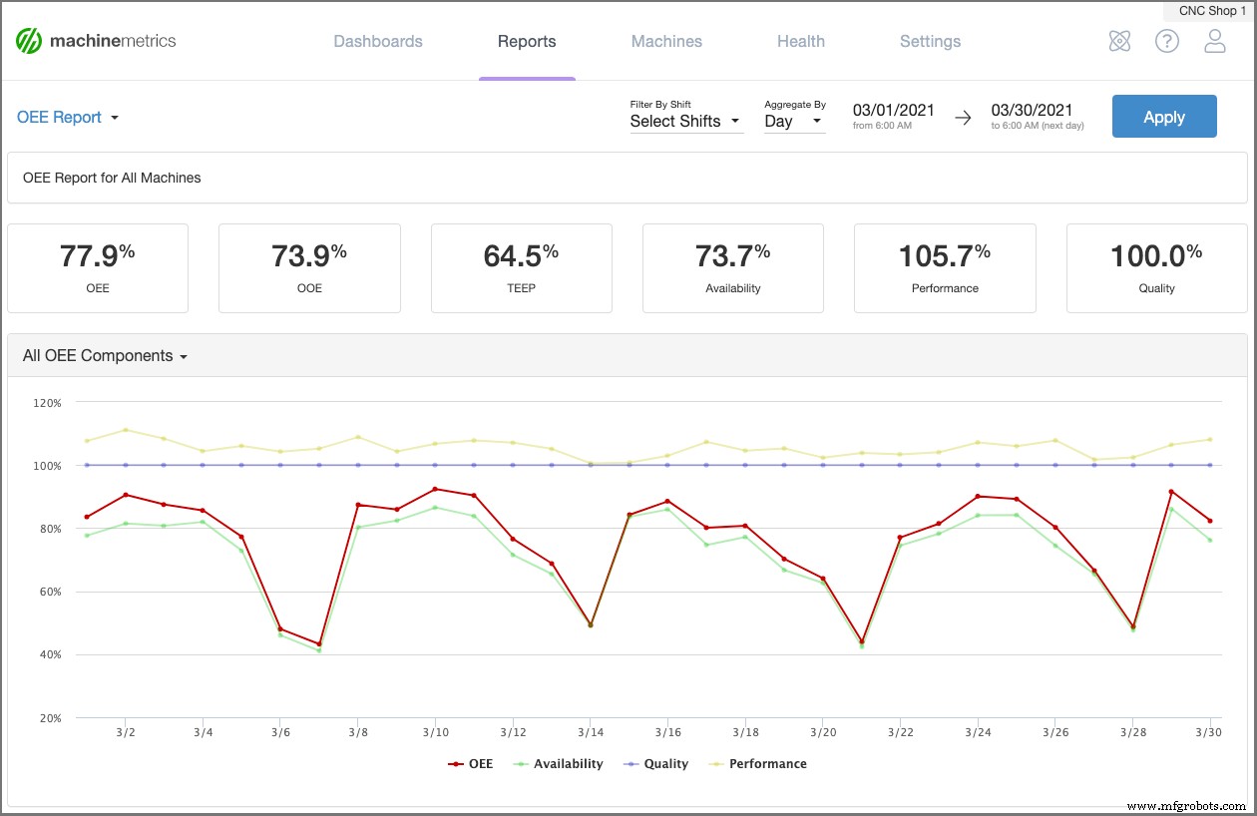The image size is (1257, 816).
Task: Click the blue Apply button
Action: (1163, 117)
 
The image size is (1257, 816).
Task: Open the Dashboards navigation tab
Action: (378, 42)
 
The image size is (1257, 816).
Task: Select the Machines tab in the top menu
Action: (666, 42)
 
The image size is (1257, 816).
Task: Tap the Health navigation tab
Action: (800, 42)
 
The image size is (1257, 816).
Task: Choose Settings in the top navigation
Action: (930, 42)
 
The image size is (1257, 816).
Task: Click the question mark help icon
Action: (1166, 42)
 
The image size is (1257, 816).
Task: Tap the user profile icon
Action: (1214, 42)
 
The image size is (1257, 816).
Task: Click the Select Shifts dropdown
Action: (685, 122)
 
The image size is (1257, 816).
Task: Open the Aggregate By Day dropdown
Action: (794, 122)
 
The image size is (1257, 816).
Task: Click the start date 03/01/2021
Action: (893, 111)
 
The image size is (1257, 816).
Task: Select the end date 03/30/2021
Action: (1032, 111)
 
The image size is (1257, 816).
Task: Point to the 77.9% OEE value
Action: (97, 257)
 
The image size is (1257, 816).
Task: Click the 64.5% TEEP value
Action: (521, 257)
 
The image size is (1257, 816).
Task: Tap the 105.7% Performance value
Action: (944, 257)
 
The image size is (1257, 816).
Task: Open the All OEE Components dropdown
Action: (105, 356)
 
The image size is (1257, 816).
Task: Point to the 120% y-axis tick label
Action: (47, 403)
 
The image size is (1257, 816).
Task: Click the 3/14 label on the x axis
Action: (590, 732)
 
